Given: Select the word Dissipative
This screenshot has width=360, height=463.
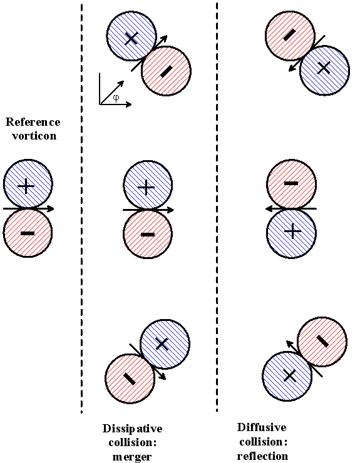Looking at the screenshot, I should [132, 429].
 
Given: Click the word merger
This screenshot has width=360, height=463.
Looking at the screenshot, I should [132, 456].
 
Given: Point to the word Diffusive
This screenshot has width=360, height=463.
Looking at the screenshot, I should [262, 428].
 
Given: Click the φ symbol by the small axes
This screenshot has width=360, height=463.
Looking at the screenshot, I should [116, 98].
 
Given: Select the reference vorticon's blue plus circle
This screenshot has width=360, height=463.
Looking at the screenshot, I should [28, 185].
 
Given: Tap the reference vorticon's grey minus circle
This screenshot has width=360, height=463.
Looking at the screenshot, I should [28, 233].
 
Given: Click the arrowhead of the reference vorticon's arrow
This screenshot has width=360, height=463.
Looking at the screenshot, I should [51, 208].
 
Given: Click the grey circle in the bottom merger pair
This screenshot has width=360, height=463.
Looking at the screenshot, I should [129, 379].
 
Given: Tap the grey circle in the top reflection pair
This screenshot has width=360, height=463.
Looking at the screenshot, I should [289, 36].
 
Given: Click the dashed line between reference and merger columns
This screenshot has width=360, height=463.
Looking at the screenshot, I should [82, 250].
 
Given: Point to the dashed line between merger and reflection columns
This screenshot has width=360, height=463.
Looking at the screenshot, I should [217, 250].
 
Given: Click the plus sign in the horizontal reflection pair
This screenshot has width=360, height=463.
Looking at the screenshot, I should [291, 232].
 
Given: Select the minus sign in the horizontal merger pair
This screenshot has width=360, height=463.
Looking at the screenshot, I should [147, 234].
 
